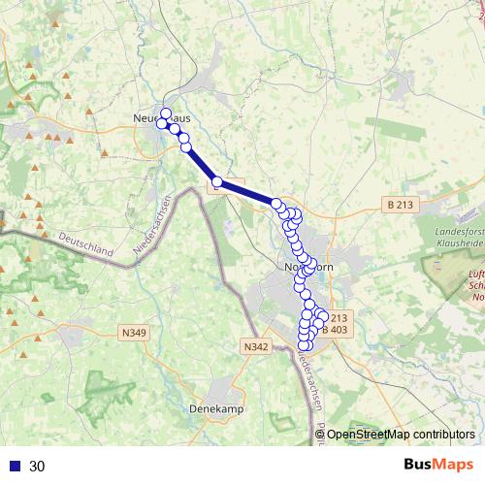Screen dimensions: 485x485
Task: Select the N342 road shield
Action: [x=256, y=346]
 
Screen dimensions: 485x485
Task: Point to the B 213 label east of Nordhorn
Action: [x=399, y=205]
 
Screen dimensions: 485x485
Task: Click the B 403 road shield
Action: [x=334, y=330]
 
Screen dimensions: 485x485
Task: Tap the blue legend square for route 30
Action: [x=15, y=466]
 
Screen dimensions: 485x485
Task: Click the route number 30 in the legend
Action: [x=37, y=466]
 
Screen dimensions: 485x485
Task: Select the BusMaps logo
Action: [x=438, y=465]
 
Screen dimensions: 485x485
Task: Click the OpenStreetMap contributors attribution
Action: [x=401, y=435]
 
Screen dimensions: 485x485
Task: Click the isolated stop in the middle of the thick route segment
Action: [x=217, y=182]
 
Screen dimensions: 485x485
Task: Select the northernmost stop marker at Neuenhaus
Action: [x=166, y=113]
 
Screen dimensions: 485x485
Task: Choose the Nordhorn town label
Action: [x=307, y=267]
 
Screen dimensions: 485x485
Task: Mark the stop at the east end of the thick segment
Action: [x=276, y=204]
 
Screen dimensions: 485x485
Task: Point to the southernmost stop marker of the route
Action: [x=303, y=345]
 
